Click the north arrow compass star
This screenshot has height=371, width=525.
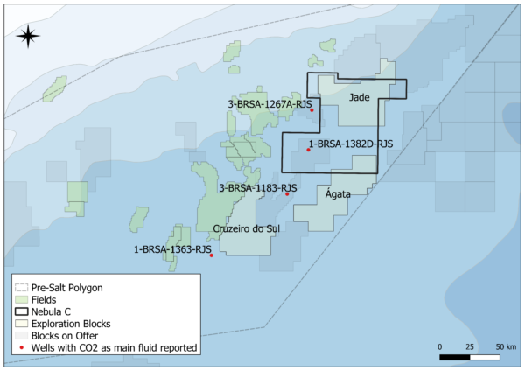point(28,35)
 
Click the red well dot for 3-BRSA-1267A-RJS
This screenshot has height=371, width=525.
point(311,110)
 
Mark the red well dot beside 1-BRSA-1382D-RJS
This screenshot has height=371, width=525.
point(308,150)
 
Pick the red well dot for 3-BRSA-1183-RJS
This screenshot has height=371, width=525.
point(287,193)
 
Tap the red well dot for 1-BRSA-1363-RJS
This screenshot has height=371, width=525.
point(212,255)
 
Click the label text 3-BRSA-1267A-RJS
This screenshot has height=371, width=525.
point(270,104)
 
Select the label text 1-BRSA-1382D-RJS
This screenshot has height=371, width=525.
point(350,143)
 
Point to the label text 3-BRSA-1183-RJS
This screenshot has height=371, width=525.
point(258,187)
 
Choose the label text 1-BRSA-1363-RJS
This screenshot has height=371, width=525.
point(173,249)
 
